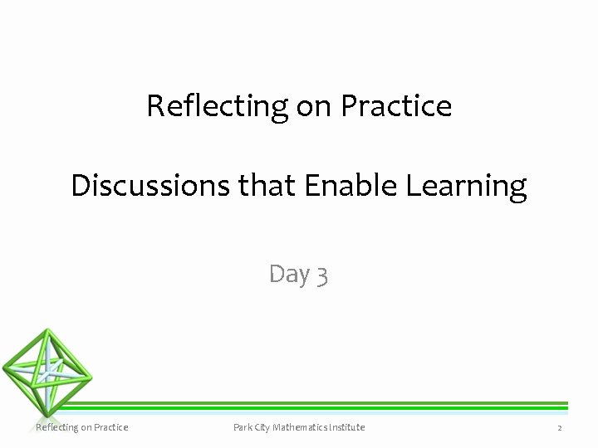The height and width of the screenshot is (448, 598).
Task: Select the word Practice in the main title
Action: [x=397, y=106]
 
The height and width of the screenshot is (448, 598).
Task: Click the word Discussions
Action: [x=152, y=185]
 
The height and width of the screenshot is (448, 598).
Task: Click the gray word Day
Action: [x=290, y=274]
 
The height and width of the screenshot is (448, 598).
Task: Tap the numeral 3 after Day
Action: [x=322, y=275]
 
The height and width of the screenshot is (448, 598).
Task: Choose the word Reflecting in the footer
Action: [x=57, y=427]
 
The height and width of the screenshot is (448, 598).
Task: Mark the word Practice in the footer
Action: [x=110, y=427]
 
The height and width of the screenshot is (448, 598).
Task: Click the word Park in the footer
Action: [x=243, y=427]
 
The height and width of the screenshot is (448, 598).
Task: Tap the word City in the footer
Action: [x=264, y=427]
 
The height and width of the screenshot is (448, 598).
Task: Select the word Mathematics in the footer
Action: [x=303, y=427]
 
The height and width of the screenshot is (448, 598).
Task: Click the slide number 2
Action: [x=560, y=428]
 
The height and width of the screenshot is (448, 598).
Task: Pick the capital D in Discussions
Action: [x=80, y=185]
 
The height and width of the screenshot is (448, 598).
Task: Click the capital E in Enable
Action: [x=311, y=185]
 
